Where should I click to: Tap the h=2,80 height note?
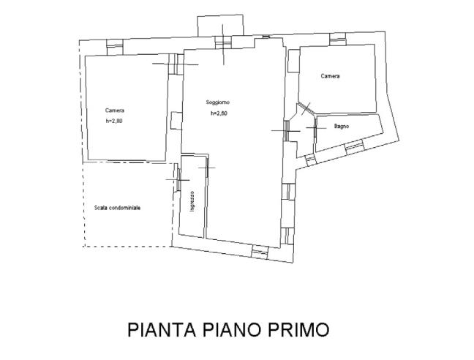[x=114, y=121]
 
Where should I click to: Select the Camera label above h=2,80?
[x=114, y=110]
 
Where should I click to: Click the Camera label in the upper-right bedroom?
[x=330, y=75]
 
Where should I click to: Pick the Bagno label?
[x=342, y=126]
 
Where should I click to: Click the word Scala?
[x=102, y=208]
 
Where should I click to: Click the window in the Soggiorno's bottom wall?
[x=260, y=252]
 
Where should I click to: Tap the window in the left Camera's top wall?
[x=113, y=45]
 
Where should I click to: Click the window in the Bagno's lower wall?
[x=354, y=146]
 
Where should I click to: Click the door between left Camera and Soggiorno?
[x=176, y=64]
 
